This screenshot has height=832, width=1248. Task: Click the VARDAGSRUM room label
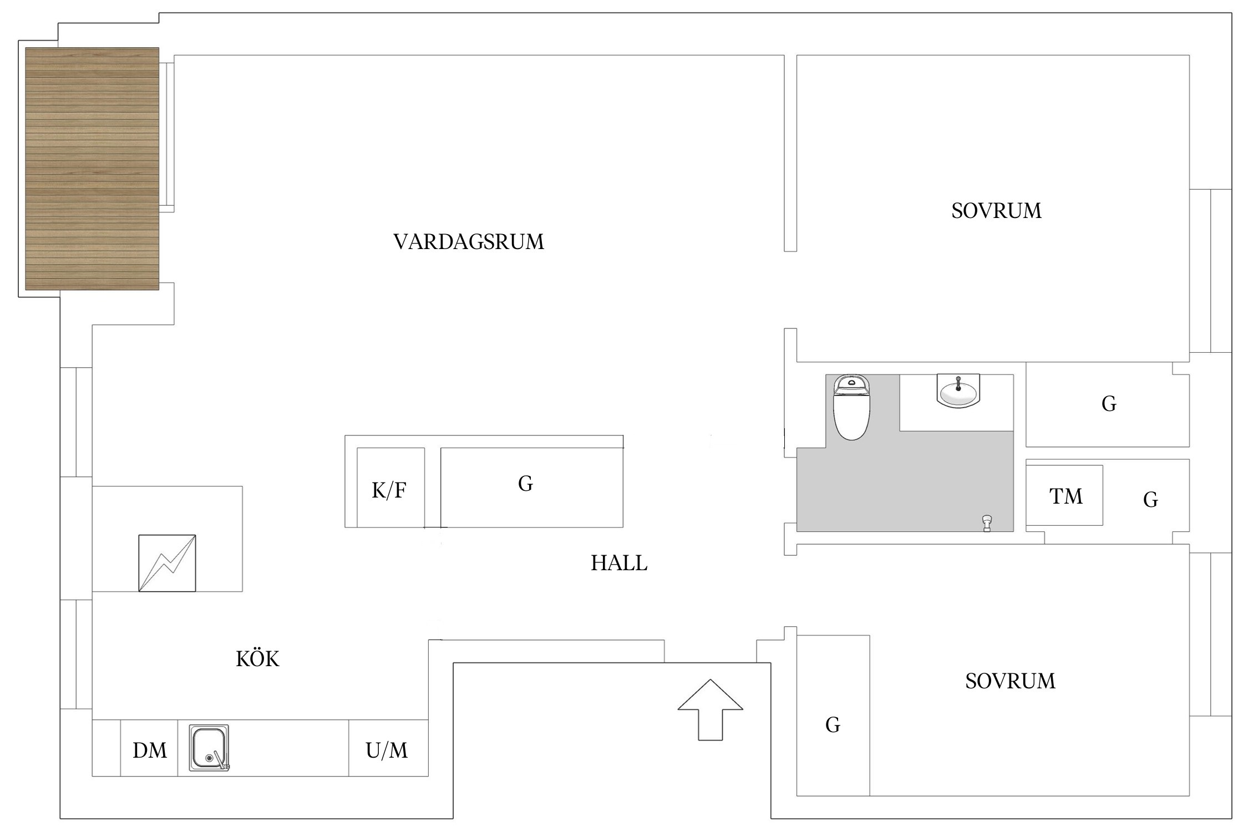pyautogui.click(x=469, y=242)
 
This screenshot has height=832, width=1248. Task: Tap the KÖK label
pyautogui.click(x=257, y=659)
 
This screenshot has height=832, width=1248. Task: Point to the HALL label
pyautogui.click(x=619, y=564)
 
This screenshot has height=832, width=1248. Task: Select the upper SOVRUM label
pyautogui.click(x=996, y=211)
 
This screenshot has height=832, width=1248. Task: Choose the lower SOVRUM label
pyautogui.click(x=1010, y=681)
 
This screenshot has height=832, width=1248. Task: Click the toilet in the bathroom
pyautogui.click(x=851, y=408)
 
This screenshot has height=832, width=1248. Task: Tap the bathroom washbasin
pyautogui.click(x=958, y=392)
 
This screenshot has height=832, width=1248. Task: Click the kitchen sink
pyautogui.click(x=209, y=748)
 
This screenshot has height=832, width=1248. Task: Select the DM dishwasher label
pyautogui.click(x=150, y=750)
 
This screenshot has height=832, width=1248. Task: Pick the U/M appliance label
pyautogui.click(x=387, y=750)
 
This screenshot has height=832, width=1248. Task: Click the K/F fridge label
pyautogui.click(x=389, y=490)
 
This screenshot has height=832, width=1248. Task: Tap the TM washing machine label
pyautogui.click(x=1066, y=496)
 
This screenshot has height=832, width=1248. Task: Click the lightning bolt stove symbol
pyautogui.click(x=167, y=563)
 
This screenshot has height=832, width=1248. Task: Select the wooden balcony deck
pyautogui.click(x=92, y=169)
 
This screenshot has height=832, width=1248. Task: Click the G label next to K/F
pyautogui.click(x=525, y=484)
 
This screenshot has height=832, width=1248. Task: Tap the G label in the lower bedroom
pyautogui.click(x=833, y=725)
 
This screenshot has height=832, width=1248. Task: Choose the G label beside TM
pyautogui.click(x=1150, y=500)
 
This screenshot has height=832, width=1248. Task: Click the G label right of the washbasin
pyautogui.click(x=1109, y=404)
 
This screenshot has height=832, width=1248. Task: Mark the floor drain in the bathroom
pyautogui.click(x=987, y=523)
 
